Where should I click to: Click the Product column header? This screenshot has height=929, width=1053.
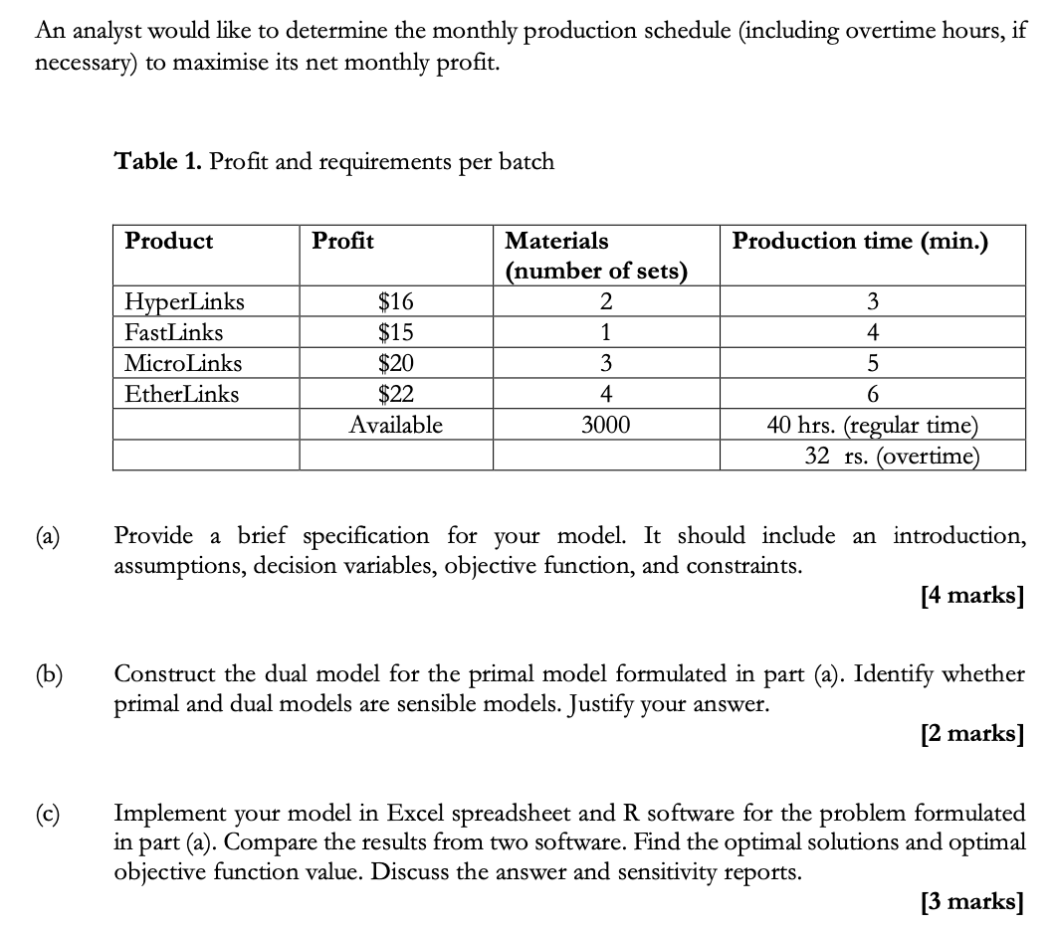click(168, 241)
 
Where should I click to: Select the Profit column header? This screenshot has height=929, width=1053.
click(342, 241)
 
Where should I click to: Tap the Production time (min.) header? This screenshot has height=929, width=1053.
click(860, 241)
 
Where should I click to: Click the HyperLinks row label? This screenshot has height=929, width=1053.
click(184, 301)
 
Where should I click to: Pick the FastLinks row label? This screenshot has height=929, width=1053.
click(173, 332)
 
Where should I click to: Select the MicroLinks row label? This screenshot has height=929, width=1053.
click(182, 363)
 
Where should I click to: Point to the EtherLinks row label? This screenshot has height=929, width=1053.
click(181, 394)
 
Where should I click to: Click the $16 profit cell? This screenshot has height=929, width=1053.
click(396, 301)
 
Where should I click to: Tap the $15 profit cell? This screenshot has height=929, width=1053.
click(396, 332)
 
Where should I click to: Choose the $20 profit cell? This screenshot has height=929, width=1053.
click(396, 363)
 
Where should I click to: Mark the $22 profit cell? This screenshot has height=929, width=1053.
click(396, 394)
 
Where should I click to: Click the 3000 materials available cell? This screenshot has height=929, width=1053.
click(605, 426)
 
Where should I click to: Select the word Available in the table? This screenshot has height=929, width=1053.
click(396, 426)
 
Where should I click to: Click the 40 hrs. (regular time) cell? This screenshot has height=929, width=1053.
click(872, 426)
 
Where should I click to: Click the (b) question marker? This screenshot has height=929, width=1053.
click(48, 674)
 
